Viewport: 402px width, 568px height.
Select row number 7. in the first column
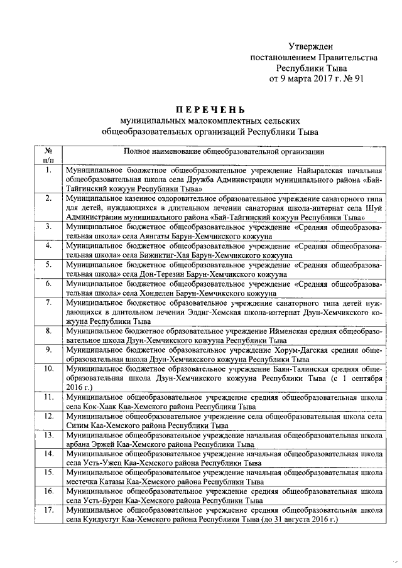pyautogui.click(x=48, y=303)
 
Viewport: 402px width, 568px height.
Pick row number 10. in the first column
pyautogui.click(x=48, y=368)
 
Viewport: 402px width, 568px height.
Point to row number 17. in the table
pyautogui.click(x=48, y=512)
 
